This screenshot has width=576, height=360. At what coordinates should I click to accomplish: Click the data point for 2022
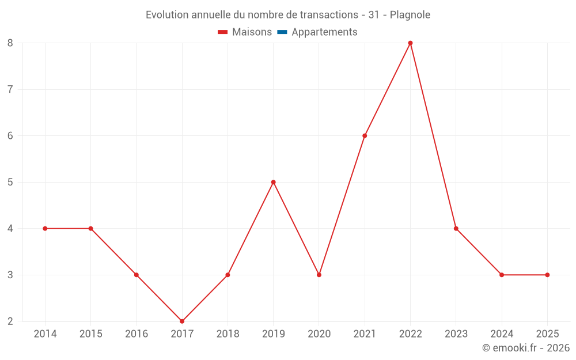pyautogui.click(x=410, y=43)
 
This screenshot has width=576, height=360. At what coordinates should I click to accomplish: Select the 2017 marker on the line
pyautogui.click(x=182, y=321)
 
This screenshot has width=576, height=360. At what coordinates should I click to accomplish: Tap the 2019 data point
pyautogui.click(x=273, y=182)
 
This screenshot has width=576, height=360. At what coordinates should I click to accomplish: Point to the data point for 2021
pyautogui.click(x=365, y=136)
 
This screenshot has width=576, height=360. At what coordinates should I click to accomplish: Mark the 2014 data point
pyautogui.click(x=45, y=229)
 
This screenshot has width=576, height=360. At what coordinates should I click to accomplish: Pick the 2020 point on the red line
pyautogui.click(x=319, y=275)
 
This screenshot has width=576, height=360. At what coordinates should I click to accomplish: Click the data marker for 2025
pyautogui.click(x=547, y=275)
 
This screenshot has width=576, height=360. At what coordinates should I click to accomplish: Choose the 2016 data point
pyautogui.click(x=137, y=275)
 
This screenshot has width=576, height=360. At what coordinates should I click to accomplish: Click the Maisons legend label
pyautogui.click(x=252, y=32)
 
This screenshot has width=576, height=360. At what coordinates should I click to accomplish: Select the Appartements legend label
pyautogui.click(x=324, y=32)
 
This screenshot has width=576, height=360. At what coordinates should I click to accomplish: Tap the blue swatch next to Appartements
pyautogui.click(x=282, y=32)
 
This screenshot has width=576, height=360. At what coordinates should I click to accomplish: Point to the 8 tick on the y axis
pyautogui.click(x=10, y=43)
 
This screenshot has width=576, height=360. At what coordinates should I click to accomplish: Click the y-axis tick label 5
pyautogui.click(x=10, y=183)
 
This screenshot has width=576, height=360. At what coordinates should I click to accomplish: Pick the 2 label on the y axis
pyautogui.click(x=10, y=321)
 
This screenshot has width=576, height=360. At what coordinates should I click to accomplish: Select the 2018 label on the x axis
pyautogui.click(x=228, y=334)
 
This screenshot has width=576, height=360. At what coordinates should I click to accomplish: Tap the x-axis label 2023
pyautogui.click(x=456, y=334)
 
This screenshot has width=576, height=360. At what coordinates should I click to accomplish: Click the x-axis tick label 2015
pyautogui.click(x=90, y=334)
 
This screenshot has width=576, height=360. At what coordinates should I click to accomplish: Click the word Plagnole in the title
pyautogui.click(x=410, y=15)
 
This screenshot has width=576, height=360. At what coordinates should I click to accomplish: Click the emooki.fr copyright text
pyautogui.click(x=526, y=348)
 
